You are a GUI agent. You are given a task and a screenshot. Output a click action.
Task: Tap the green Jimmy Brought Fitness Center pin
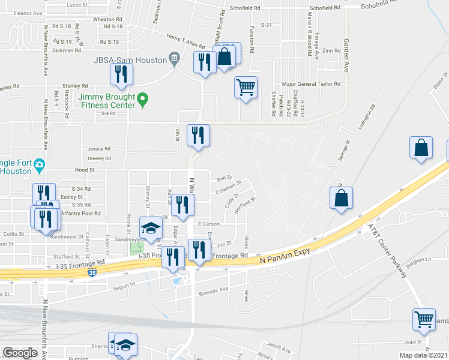[143, 98]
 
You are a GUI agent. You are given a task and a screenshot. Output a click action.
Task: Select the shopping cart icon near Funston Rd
[246, 88]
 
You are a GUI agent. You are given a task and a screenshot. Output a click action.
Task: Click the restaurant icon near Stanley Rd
[122, 74]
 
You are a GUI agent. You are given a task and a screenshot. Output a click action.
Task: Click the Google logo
[20, 353]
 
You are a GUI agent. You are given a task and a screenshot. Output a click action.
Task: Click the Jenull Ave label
[279, 347]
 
